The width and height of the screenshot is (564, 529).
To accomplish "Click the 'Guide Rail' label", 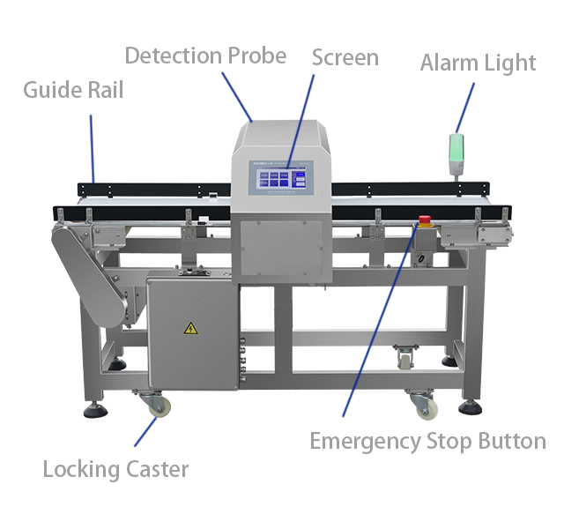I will click(x=73, y=90).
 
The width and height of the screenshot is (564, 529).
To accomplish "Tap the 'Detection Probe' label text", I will click(x=205, y=56).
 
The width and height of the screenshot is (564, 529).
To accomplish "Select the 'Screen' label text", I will click(x=345, y=58).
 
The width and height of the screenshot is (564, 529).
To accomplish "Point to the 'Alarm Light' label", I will click(x=478, y=63).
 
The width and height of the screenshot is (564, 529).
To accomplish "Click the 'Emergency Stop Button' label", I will click(x=427, y=441).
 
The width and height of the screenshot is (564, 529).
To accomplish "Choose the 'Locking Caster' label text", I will click(x=115, y=468).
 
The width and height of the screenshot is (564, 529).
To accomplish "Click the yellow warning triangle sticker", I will click(x=189, y=329).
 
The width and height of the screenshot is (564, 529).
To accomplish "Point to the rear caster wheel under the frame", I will click(x=404, y=358).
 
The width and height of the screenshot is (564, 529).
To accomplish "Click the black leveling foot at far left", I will click(x=93, y=411).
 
